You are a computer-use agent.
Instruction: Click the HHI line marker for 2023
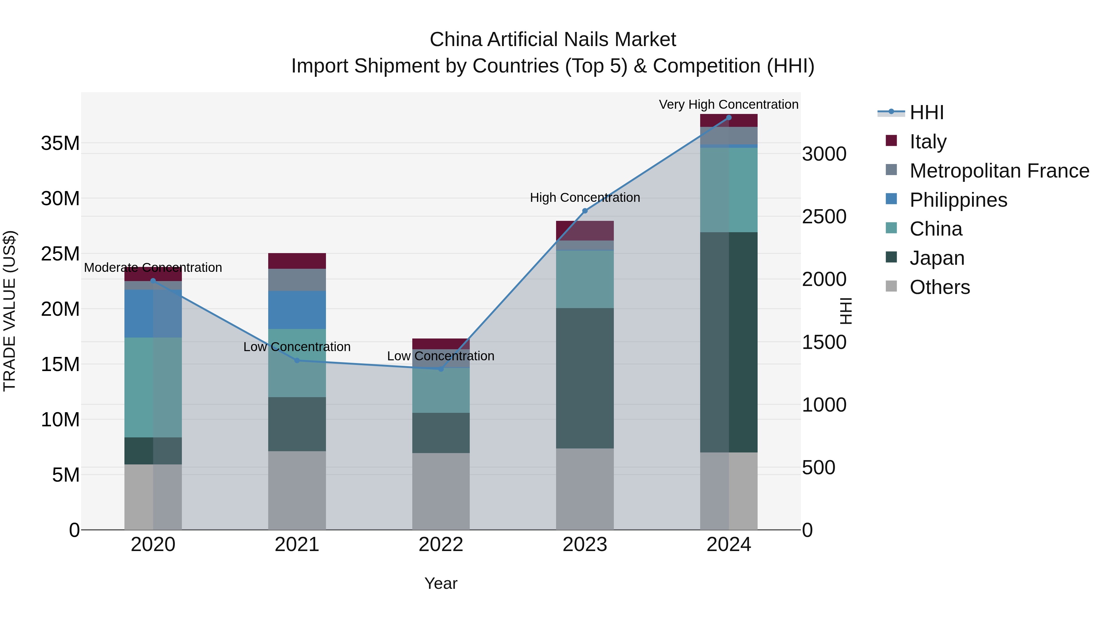584,211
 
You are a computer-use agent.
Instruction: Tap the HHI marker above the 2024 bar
729,118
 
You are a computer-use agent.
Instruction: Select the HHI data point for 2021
297,361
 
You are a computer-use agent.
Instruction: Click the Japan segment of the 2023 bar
584,378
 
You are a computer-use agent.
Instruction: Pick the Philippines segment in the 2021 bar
297,310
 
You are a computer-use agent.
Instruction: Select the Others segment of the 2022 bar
441,491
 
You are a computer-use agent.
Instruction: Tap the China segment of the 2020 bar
153,387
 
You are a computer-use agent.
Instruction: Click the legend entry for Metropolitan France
999,171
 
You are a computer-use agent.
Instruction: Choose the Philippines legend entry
958,200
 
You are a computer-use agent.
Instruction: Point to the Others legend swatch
891,286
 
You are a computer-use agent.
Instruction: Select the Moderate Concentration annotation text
153,268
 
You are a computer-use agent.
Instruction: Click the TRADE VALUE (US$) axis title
10,311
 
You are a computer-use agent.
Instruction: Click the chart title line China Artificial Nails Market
553,40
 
